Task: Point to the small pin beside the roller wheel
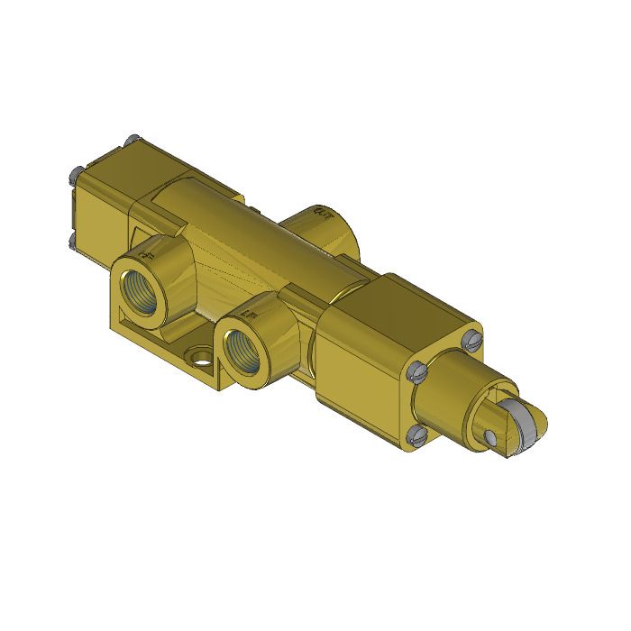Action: pyautogui.click(x=490, y=438)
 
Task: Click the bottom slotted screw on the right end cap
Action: pyautogui.click(x=416, y=435)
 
